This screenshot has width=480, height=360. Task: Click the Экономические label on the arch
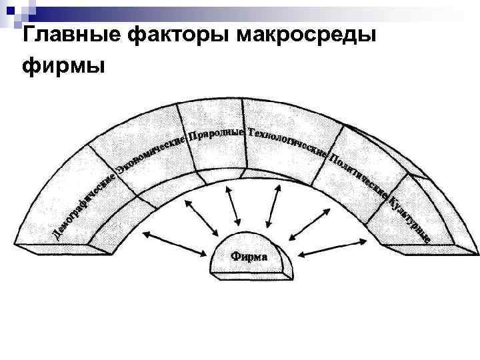coord(150,154)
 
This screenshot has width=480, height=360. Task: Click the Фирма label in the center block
coord(249,256)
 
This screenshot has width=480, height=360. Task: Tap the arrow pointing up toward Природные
coord(233,207)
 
